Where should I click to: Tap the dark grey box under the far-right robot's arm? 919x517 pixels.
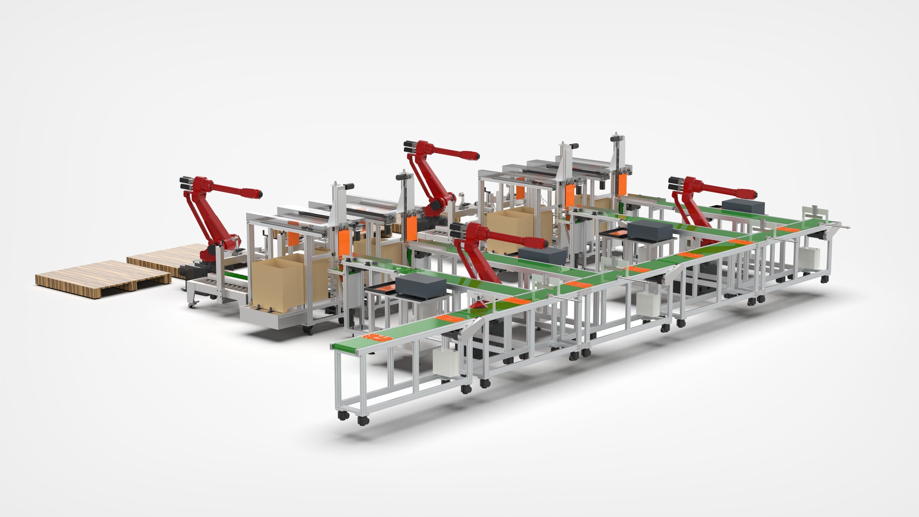[x=743, y=206]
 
